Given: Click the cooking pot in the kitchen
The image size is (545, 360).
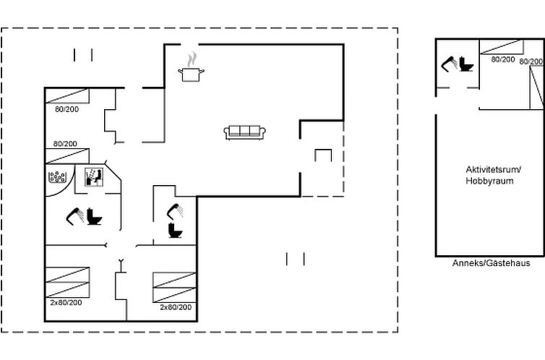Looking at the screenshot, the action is point(191,74).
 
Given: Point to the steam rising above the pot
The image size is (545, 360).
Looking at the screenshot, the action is point(192,59).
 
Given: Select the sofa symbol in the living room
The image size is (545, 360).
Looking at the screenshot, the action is point(245,133).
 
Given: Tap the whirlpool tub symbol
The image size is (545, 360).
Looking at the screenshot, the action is point(57,176).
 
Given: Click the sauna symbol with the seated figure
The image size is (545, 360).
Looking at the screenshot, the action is point(94,177).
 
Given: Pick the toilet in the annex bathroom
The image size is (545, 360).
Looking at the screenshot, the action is point(465,64).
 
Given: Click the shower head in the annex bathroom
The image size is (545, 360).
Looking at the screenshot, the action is point(450,64).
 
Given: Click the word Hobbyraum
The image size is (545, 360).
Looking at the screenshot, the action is point(489,181).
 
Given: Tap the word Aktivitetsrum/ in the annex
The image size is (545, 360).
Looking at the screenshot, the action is point(494,170).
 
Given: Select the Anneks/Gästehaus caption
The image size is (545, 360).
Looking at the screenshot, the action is point(491,263).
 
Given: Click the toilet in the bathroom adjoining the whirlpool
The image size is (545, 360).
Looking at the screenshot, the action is point(94,216).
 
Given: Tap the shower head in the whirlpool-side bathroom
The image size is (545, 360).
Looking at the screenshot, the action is point(75,216).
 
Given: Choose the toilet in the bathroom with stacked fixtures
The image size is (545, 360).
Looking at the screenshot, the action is point(175,231).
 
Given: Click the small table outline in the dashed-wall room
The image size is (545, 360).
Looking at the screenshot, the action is point(323,155).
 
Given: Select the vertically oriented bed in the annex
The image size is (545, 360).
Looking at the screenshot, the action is point(536,87).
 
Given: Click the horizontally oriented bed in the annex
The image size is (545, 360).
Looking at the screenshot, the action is point(502,47).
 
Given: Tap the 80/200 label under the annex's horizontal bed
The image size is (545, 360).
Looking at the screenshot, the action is point(503,59).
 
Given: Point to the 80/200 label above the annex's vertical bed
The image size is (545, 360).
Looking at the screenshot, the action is point(532,61).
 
